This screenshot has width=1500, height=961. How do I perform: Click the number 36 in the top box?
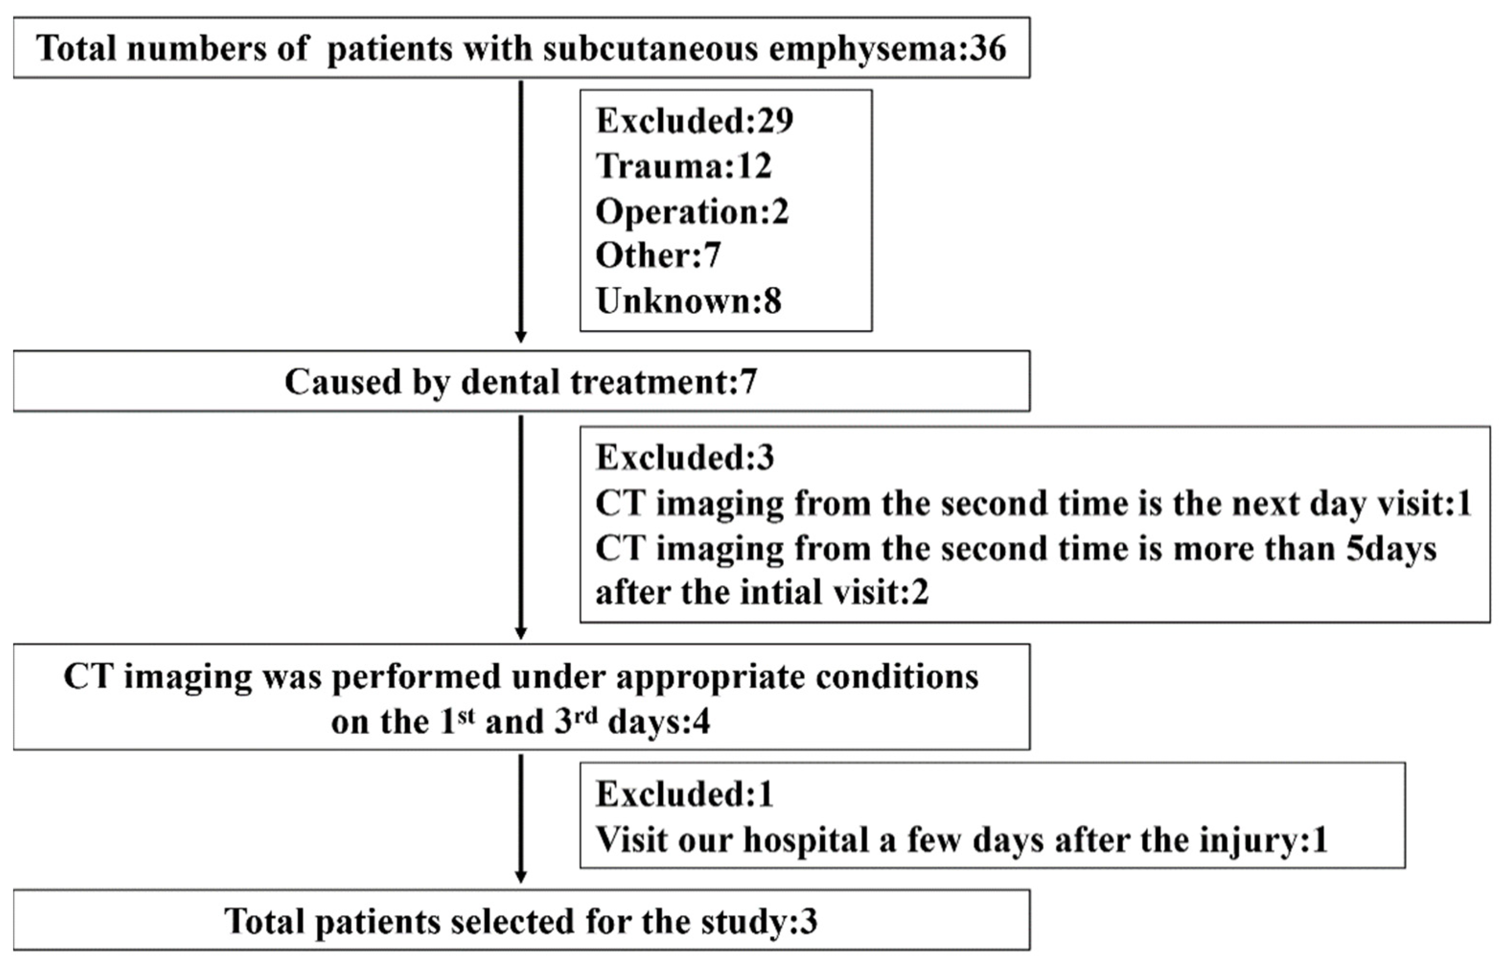coord(988,49)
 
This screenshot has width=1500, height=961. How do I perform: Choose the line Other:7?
coord(658,255)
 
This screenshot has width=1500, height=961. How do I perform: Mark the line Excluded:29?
coord(694,120)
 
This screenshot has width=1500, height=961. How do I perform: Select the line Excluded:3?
coord(684,458)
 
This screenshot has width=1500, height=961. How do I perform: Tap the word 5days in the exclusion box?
coord(1391,549)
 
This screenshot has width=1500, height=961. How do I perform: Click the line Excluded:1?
coord(684,794)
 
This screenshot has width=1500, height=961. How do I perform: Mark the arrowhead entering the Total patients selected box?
coord(520,877)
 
